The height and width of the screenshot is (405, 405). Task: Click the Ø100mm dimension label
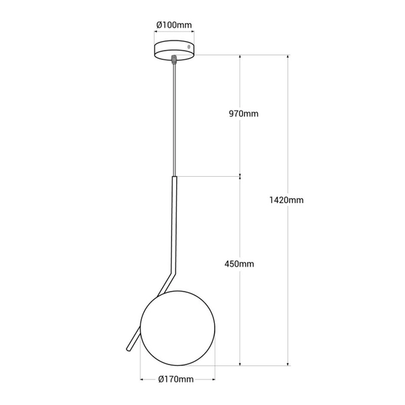(x=174, y=25)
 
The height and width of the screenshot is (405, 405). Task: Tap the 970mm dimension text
(x=244, y=114)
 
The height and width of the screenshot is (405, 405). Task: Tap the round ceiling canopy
(x=174, y=51)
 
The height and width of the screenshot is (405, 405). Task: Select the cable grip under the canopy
(x=174, y=60)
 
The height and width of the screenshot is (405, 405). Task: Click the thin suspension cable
(x=174, y=122)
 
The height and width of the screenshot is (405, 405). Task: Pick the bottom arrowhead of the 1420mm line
(x=288, y=364)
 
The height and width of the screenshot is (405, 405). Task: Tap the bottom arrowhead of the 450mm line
(x=241, y=364)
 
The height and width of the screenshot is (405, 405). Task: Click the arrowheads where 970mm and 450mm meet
(x=241, y=178)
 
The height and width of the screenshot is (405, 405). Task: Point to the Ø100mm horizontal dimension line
(x=174, y=33)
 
